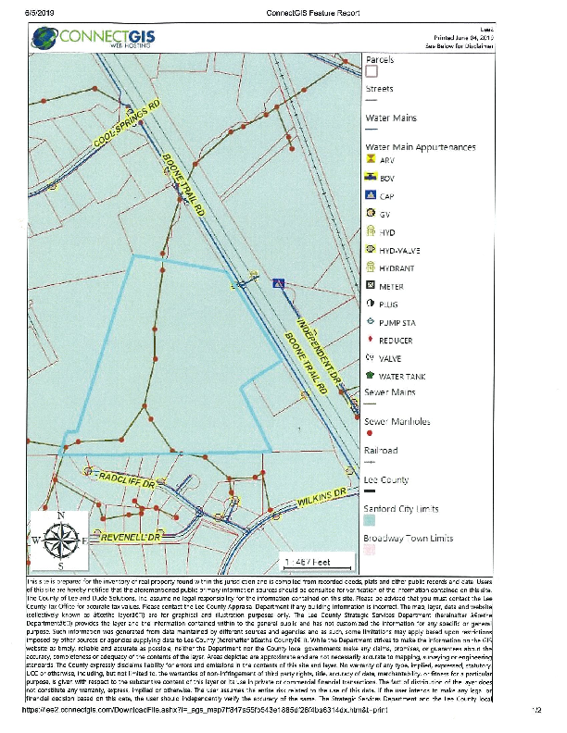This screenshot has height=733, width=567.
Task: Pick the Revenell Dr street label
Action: pos(132,536)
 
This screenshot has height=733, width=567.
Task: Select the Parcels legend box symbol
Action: pos(372,69)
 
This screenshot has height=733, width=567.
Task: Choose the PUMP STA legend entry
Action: pos(397,322)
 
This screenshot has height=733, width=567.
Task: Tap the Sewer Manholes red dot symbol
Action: pos(371,432)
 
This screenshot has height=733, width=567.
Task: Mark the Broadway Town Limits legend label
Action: pos(408,538)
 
